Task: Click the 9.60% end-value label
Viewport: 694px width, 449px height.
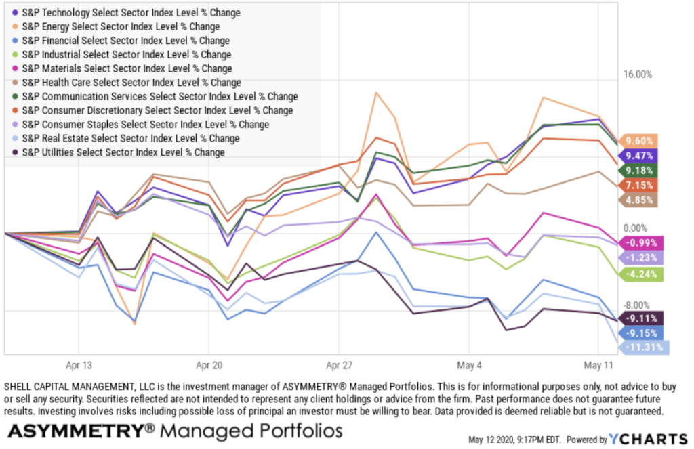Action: pyautogui.click(x=640, y=141)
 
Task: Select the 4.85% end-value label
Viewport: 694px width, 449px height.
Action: pyautogui.click(x=640, y=200)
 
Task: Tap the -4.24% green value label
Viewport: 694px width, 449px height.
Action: pyautogui.click(x=640, y=274)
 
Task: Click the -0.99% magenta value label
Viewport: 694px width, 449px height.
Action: pyautogui.click(x=640, y=243)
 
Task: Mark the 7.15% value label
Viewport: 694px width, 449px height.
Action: pyautogui.click(x=640, y=185)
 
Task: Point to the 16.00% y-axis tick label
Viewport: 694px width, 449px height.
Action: pyautogui.click(x=636, y=74)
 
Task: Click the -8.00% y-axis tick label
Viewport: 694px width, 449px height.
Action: pyautogui.click(x=636, y=305)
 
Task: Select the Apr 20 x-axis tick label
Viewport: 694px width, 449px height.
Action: pyautogui.click(x=209, y=364)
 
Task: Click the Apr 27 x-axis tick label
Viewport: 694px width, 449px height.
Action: pyautogui.click(x=338, y=364)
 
